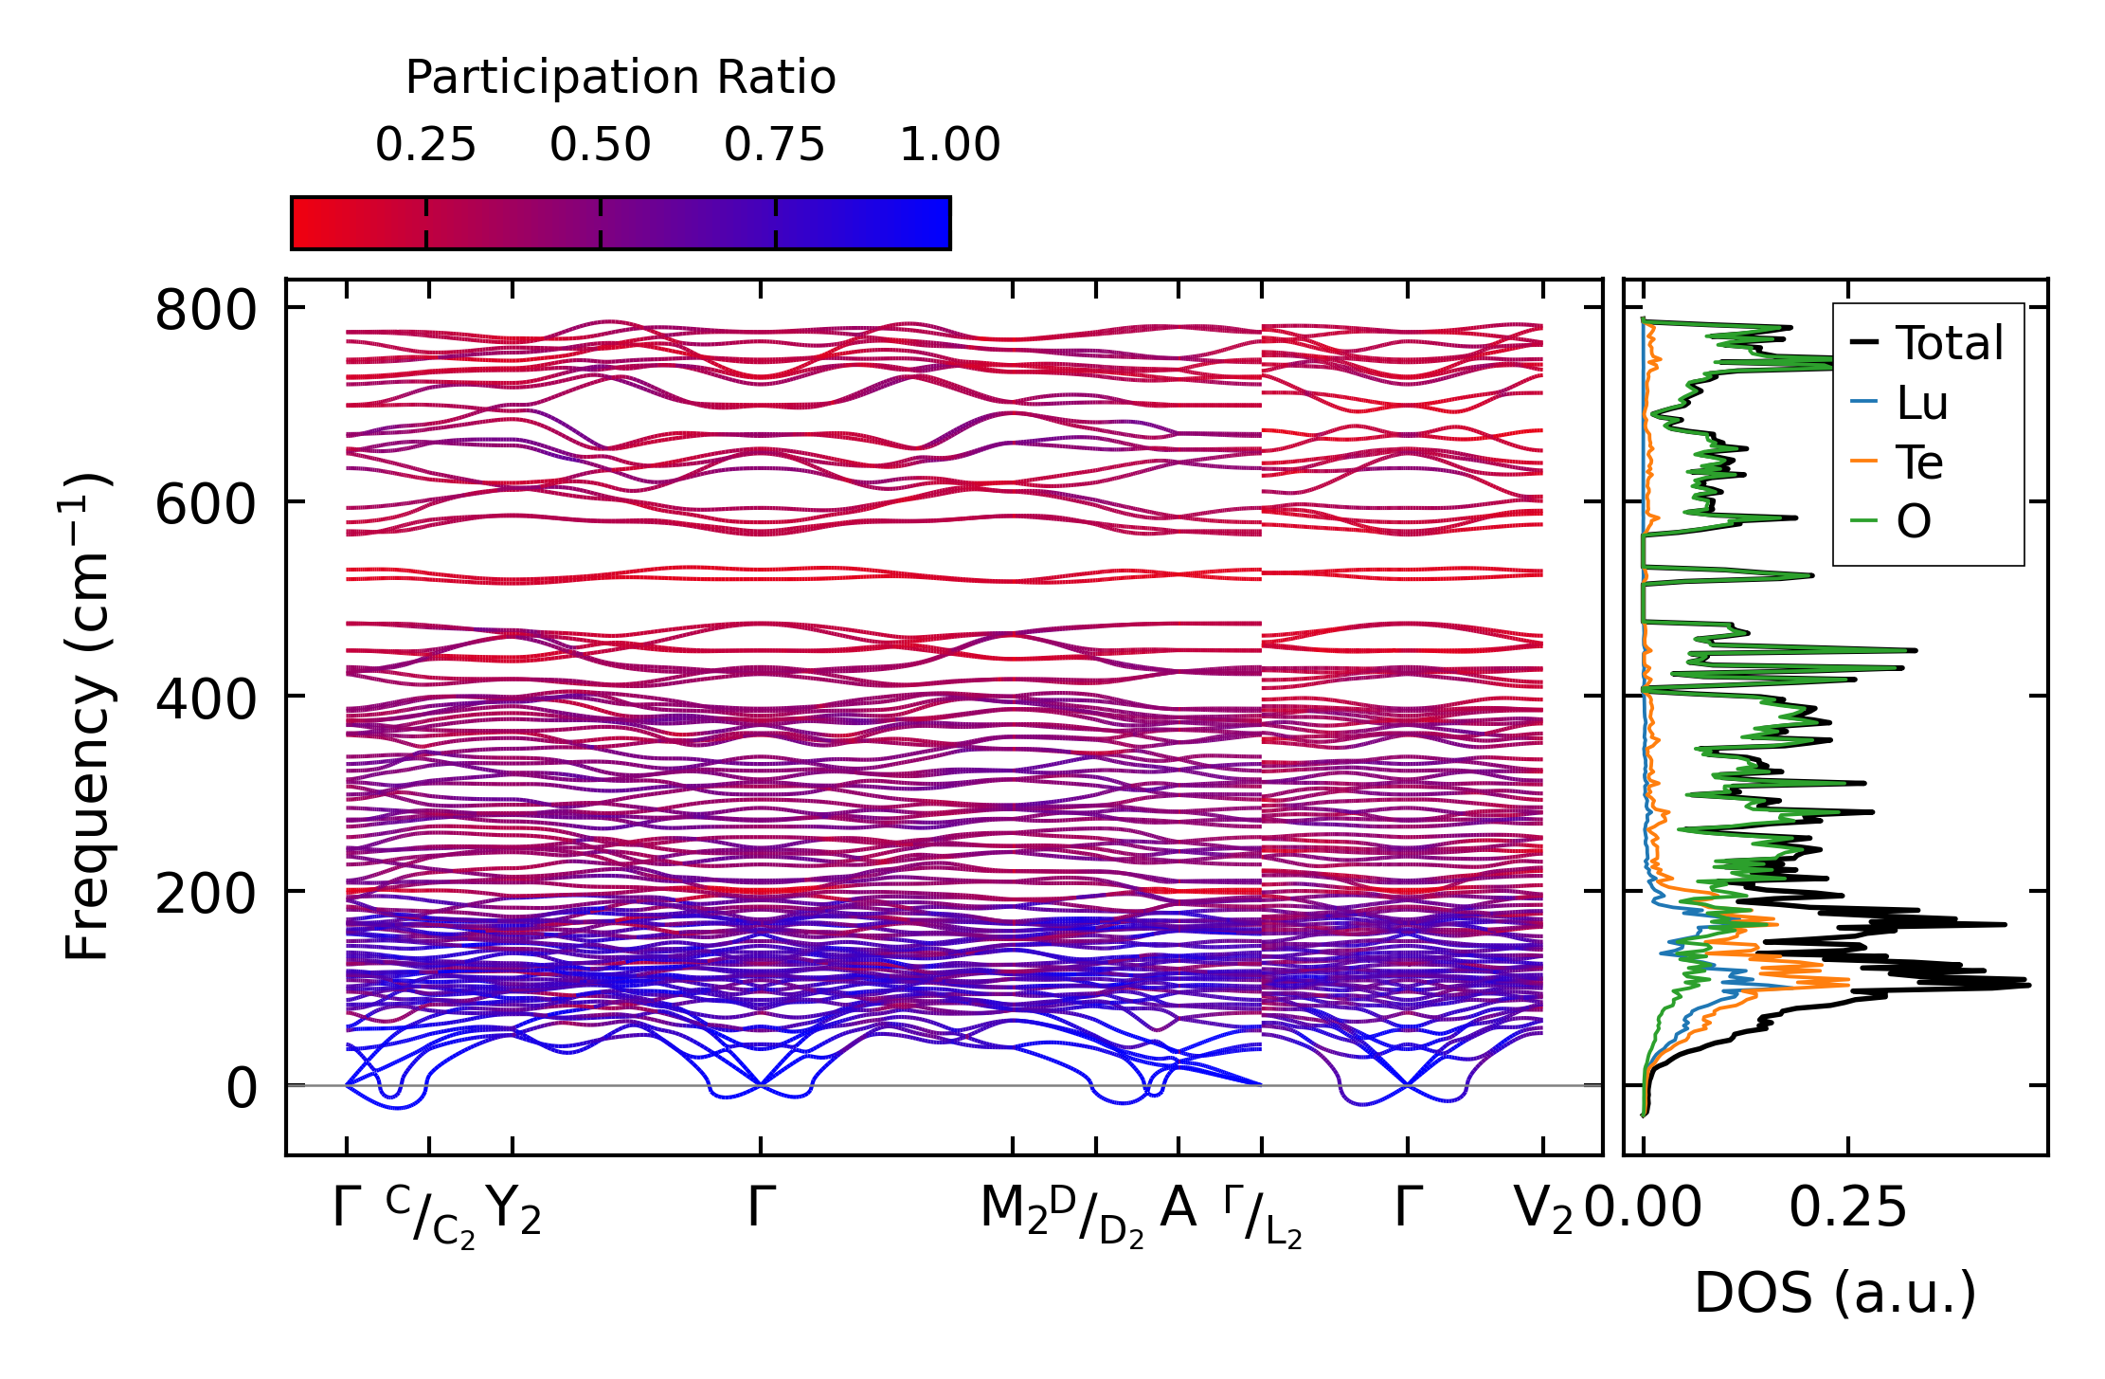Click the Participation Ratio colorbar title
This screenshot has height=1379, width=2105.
coord(621,78)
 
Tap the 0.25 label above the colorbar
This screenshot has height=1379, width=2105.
coord(425,146)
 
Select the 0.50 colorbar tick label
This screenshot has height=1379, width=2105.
coord(601,146)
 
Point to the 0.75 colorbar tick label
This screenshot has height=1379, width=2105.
coord(775,146)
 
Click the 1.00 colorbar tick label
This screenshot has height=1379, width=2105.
coord(949,146)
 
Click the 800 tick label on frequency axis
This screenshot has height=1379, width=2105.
coord(206,311)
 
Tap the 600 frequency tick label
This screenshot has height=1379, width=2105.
coord(206,505)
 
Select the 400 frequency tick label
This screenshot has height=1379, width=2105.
coord(206,699)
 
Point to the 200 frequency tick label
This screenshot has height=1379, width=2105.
coord(206,894)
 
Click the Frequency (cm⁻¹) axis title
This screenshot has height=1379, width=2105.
coord(87,717)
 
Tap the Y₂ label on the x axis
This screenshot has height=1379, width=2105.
coord(513,1209)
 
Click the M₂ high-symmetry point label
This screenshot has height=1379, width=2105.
coord(1013,1209)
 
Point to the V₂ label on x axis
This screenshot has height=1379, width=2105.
coord(1542,1209)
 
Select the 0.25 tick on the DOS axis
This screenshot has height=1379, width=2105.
coord(1847,1209)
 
